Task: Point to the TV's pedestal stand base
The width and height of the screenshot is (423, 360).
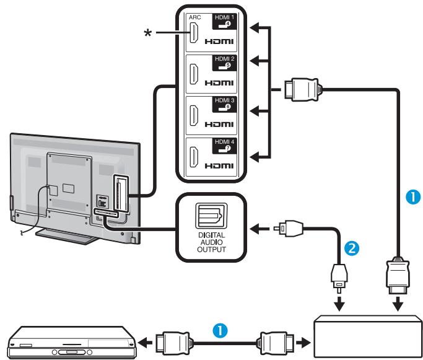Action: pos(62,234)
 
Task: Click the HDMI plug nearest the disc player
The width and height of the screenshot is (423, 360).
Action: pos(170,341)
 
